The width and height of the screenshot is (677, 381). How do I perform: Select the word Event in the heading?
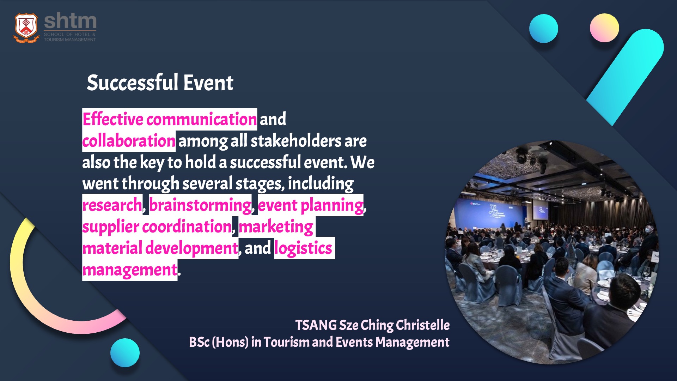pyautogui.click(x=208, y=83)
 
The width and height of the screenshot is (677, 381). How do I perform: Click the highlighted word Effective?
pyautogui.click(x=113, y=119)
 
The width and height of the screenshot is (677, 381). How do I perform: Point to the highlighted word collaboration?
pyautogui.click(x=129, y=141)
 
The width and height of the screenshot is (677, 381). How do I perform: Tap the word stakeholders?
pyautogui.click(x=296, y=141)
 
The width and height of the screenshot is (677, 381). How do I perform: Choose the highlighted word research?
pyautogui.click(x=112, y=205)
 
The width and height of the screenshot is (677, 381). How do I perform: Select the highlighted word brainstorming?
pyautogui.click(x=200, y=205)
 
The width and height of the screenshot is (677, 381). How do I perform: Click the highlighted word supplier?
pyautogui.click(x=111, y=227)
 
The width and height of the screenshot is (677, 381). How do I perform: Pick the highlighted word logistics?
pyautogui.click(x=303, y=248)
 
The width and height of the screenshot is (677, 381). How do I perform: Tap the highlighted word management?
pyautogui.click(x=130, y=270)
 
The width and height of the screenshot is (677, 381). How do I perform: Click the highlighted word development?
pyautogui.click(x=192, y=248)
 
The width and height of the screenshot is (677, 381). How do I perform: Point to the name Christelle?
pyautogui.click(x=423, y=325)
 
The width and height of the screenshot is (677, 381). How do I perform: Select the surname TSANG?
pyautogui.click(x=316, y=325)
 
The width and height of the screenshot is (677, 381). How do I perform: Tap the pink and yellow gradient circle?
pyautogui.click(x=604, y=28)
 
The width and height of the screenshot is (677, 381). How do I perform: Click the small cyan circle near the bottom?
pyautogui.click(x=125, y=353)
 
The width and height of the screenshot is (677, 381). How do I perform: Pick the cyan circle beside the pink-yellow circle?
pyautogui.click(x=543, y=29)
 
